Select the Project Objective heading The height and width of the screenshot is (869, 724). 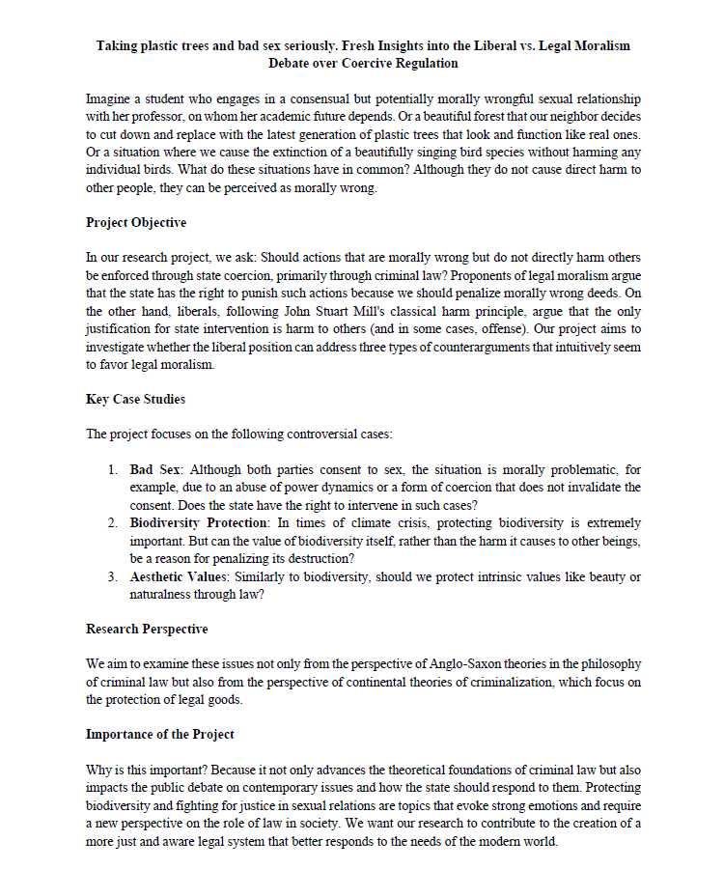pos(136,223)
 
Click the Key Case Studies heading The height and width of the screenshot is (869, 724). pos(136,399)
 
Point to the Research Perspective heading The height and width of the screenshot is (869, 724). pos(147,629)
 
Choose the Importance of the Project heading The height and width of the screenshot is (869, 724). pos(160,734)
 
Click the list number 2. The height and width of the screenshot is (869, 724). pos(113,523)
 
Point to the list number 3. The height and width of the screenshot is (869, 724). pos(113,576)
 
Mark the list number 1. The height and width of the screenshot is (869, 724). pos(113,470)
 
